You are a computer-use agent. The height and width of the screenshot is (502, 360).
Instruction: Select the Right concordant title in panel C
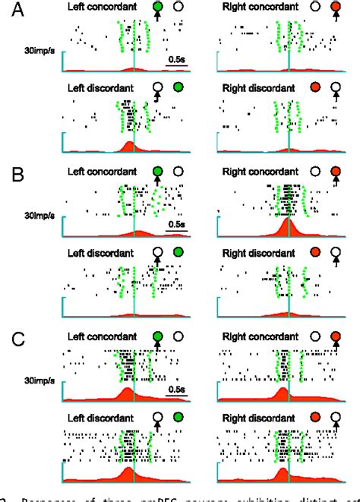[257, 335]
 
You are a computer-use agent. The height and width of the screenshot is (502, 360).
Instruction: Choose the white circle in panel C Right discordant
[336, 417]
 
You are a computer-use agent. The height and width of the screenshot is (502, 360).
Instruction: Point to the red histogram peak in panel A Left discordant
[129, 146]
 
